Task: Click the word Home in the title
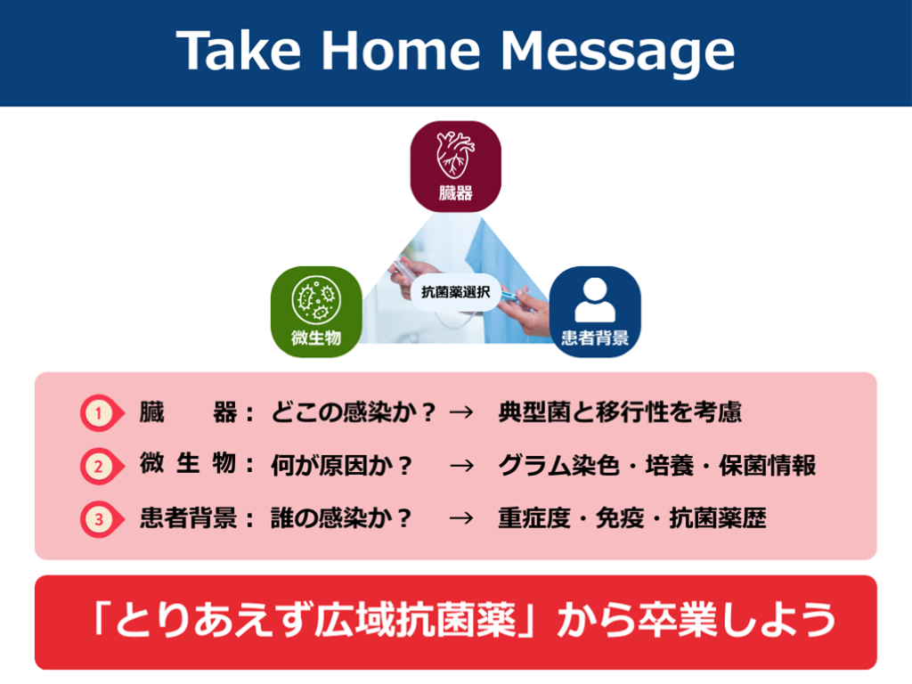401,51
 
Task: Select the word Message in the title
618,53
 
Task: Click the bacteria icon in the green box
316,299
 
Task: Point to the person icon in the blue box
594,299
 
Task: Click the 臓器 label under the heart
455,193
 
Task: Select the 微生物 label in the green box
316,338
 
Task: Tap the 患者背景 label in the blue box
594,338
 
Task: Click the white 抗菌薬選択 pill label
455,292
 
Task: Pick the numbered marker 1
101,413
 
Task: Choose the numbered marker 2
101,466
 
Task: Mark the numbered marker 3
101,519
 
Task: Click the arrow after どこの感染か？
462,413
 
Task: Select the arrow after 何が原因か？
462,466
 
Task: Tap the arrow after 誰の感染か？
462,518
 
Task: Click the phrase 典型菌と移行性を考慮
620,412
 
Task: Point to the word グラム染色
559,466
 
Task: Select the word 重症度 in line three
534,518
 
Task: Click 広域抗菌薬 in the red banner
415,620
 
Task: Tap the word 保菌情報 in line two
768,466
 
